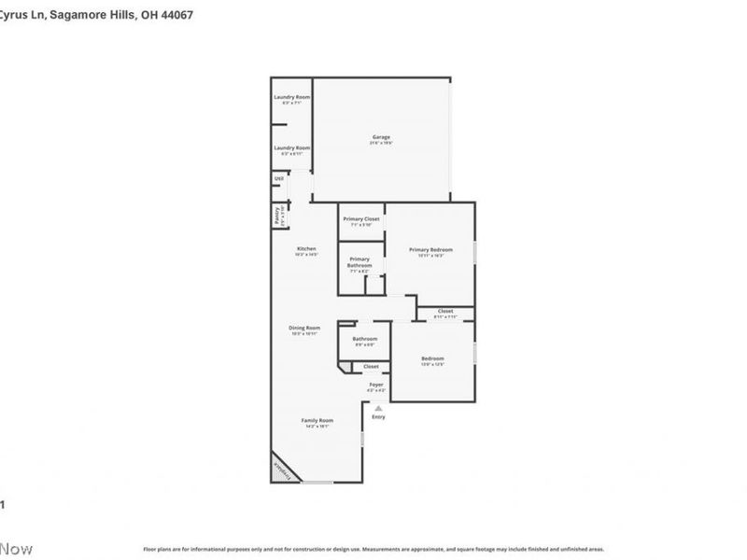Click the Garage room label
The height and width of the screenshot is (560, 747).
pos(381,137)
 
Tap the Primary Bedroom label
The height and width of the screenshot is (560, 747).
pos(430,249)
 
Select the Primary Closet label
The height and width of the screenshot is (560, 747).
pos(361,218)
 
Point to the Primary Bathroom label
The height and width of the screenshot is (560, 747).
pos(359,262)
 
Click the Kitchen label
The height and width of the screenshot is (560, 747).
pos(306,248)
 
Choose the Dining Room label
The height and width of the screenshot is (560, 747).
pos(304,328)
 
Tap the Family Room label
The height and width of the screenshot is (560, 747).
pos(317,420)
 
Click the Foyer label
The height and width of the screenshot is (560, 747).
pos(376,385)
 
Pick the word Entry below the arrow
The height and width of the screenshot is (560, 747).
pos(378,416)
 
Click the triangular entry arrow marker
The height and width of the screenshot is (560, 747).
pos(378,408)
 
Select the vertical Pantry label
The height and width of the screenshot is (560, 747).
pos(277,216)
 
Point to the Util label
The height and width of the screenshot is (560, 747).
pos(278,177)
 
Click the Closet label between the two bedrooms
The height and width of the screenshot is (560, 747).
pos(445,311)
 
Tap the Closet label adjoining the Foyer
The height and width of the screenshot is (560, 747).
pos(371,367)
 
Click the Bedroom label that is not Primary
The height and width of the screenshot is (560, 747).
pos(432,358)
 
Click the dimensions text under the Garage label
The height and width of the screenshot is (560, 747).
pos(381,143)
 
